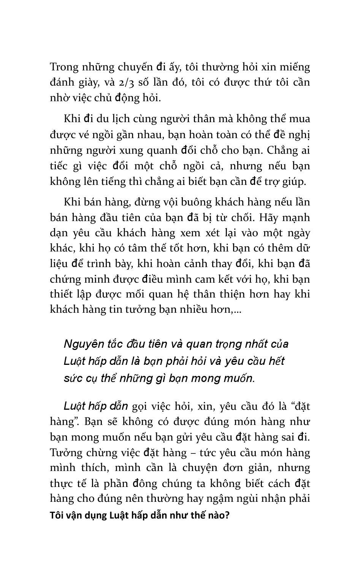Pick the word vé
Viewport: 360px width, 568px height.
[x=87, y=135]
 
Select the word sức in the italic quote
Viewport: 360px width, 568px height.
[x=72, y=379]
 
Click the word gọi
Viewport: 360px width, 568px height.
[x=140, y=406]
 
